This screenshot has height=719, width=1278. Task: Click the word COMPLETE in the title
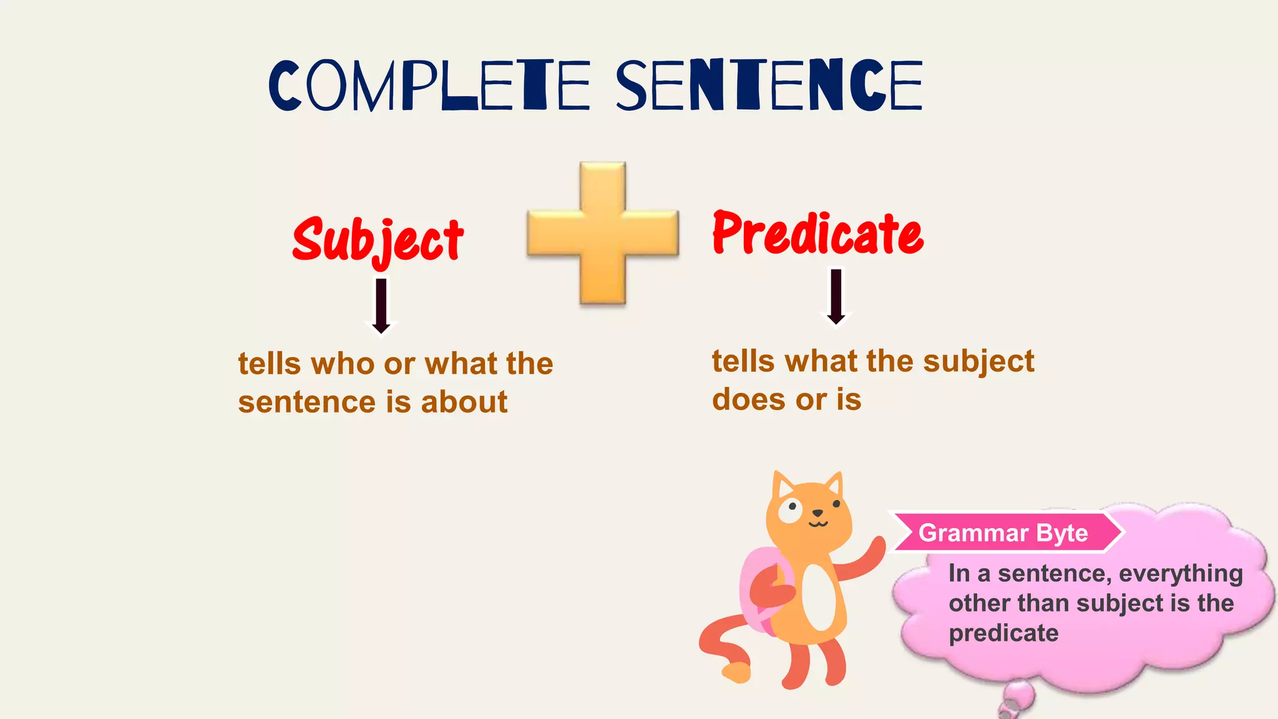tap(429, 86)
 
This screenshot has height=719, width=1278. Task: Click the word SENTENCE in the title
tap(769, 86)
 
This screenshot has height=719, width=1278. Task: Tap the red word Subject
tap(378, 240)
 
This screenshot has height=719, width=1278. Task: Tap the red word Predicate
tap(817, 234)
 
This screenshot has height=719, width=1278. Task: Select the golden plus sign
tap(602, 233)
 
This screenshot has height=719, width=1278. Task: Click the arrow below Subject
tap(381, 306)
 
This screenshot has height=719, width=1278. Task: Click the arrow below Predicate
tap(836, 297)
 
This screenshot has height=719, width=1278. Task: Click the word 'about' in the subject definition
tap(464, 402)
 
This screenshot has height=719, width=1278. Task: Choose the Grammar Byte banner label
tap(1003, 533)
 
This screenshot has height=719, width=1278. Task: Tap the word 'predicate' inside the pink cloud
tap(1003, 633)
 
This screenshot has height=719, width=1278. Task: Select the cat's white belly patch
tap(819, 596)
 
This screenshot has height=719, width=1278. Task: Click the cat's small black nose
tap(817, 514)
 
